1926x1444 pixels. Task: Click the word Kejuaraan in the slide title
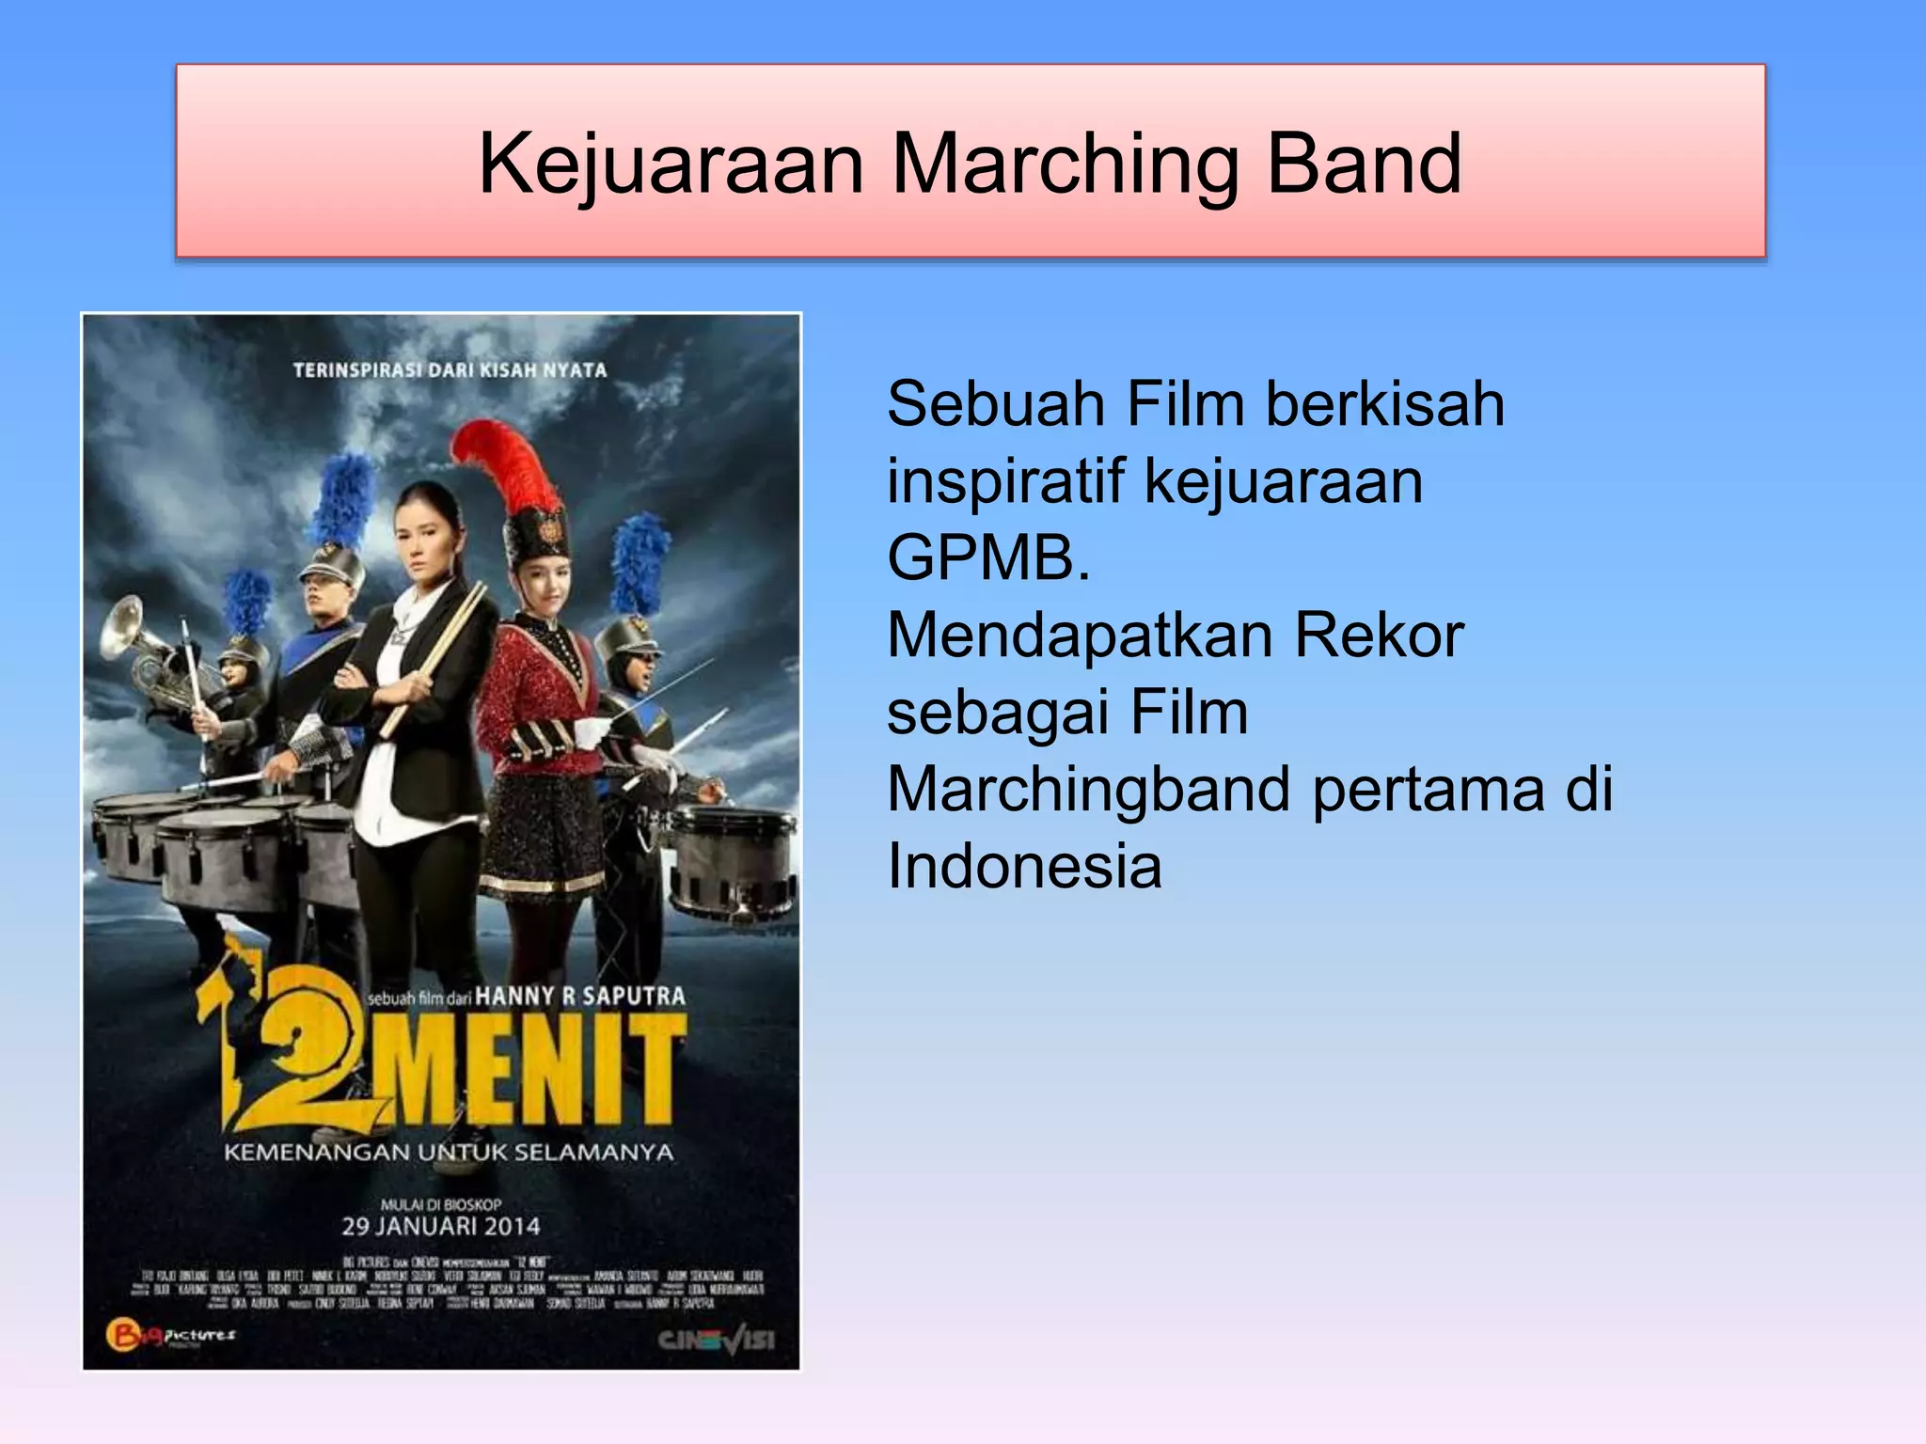(671, 165)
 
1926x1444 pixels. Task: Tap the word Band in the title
(1364, 165)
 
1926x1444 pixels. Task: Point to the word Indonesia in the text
(1024, 866)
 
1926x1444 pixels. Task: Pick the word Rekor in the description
(1379, 636)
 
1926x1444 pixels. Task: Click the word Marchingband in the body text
(1088, 789)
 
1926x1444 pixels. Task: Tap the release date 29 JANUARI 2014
(440, 1226)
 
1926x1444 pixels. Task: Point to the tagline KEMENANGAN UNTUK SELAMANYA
(448, 1153)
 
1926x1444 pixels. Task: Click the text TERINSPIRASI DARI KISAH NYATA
(450, 370)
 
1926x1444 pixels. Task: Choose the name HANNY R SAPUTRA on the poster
(580, 997)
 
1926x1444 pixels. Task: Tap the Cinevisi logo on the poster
(717, 1340)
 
